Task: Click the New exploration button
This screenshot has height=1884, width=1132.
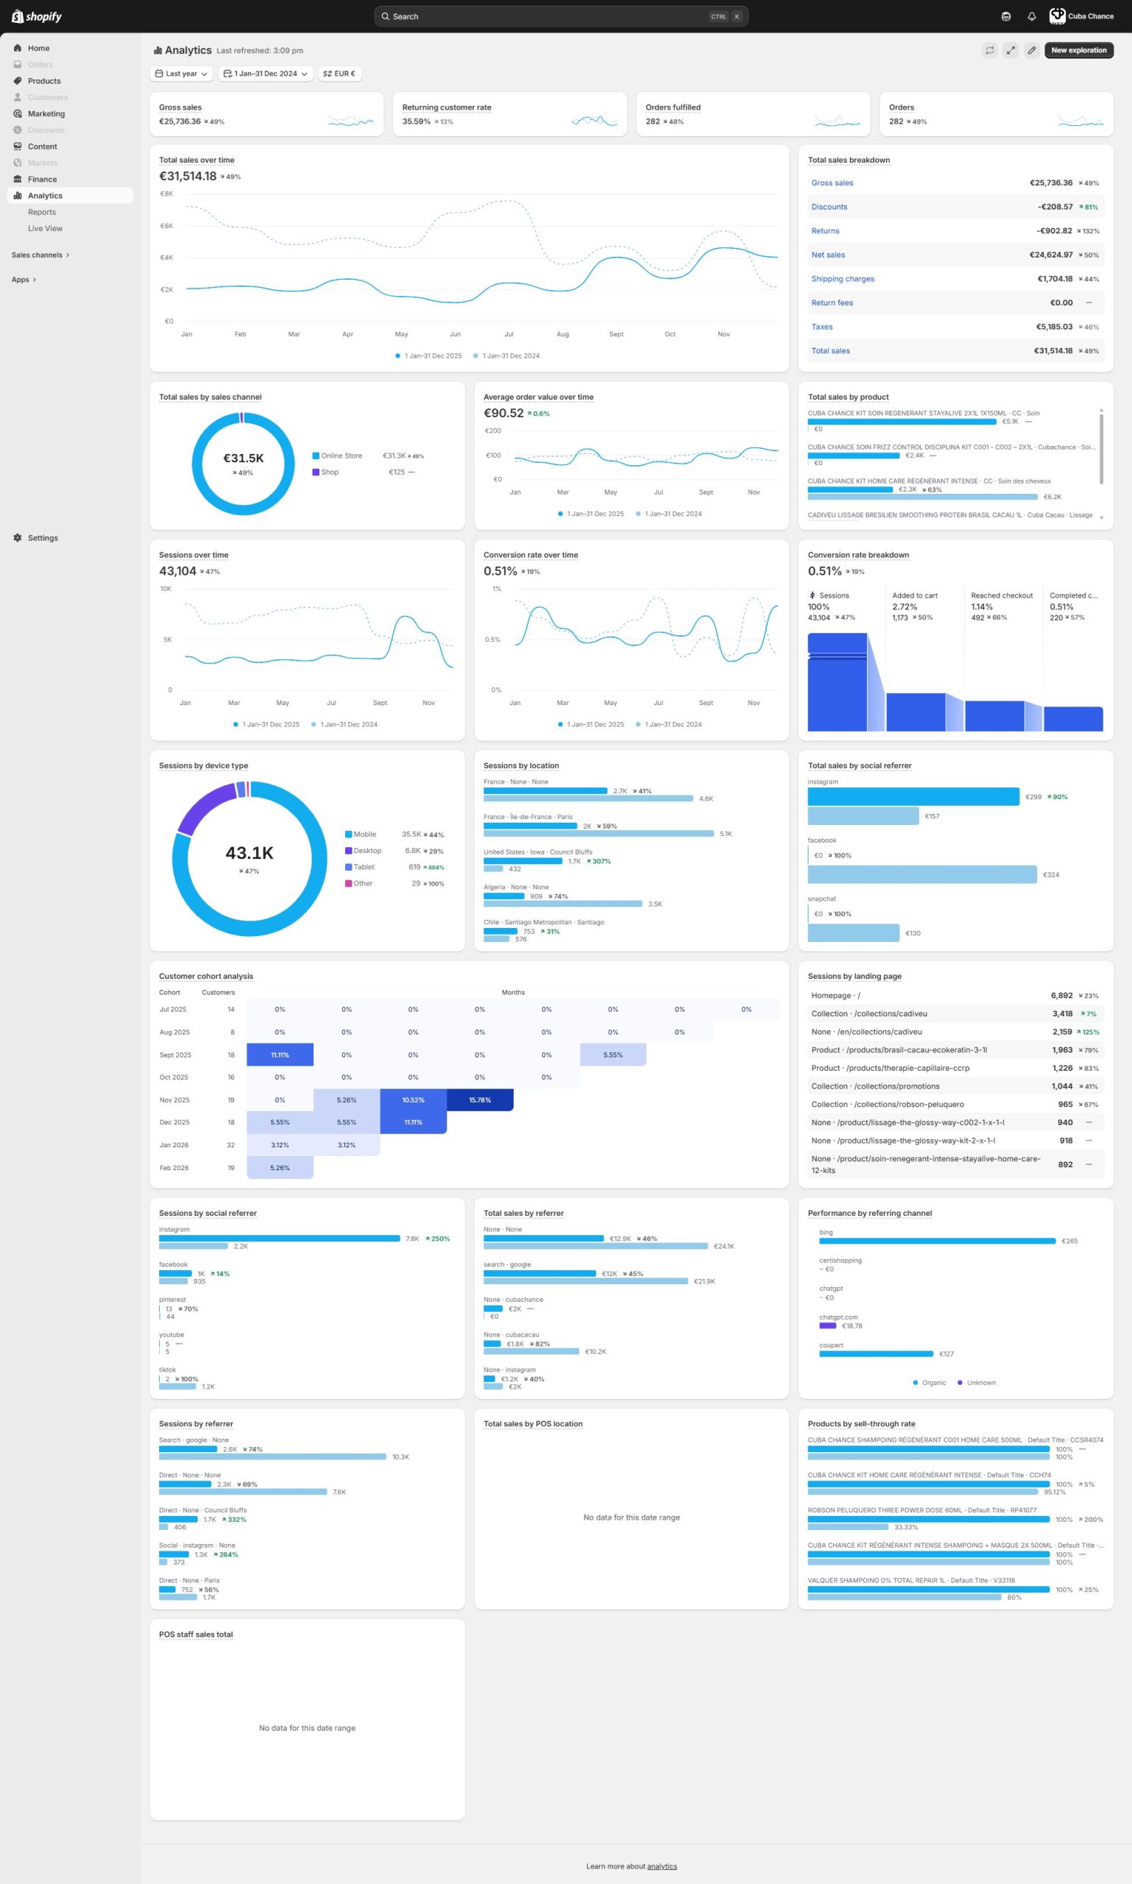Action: (1078, 50)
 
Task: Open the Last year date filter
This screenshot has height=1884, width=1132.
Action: (182, 74)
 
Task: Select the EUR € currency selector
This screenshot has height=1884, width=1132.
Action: (339, 74)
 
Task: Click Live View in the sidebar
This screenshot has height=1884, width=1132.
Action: (45, 229)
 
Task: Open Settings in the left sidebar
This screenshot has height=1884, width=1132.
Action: (43, 538)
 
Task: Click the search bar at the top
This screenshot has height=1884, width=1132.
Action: (561, 17)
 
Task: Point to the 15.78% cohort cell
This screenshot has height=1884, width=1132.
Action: (480, 1100)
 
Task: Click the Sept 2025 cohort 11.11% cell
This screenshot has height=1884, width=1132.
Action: (280, 1055)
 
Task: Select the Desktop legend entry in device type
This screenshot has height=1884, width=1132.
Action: (367, 851)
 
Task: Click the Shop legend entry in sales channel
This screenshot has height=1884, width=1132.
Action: (330, 472)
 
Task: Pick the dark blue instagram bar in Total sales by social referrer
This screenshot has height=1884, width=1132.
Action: (913, 796)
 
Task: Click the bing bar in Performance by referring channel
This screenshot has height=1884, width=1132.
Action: (937, 1241)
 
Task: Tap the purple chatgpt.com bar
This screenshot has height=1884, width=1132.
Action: (827, 1325)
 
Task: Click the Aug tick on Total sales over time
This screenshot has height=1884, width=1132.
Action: (562, 334)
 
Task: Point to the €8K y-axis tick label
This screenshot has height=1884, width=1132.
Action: (166, 194)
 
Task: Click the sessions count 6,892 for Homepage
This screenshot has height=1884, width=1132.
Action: (1061, 996)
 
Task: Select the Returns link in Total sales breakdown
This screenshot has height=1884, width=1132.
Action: (824, 231)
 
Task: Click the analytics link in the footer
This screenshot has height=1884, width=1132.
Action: (662, 1866)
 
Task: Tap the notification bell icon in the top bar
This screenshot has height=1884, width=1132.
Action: (1031, 17)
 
